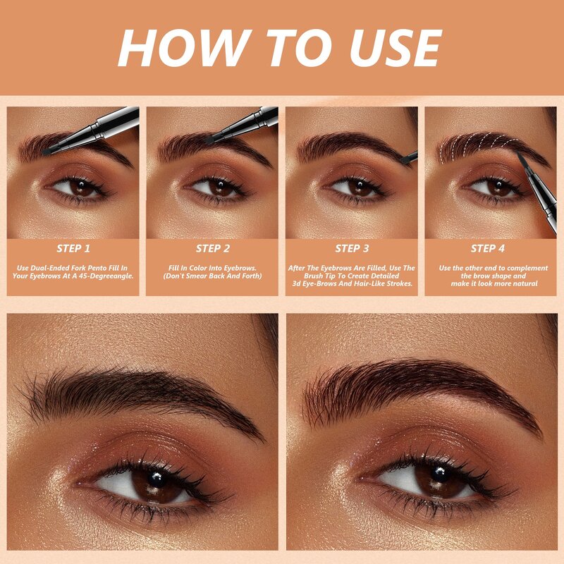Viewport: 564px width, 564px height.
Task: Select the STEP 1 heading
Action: (x=74, y=248)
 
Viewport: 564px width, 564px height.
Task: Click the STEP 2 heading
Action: (x=213, y=248)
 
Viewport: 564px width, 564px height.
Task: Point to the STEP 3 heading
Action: (x=352, y=248)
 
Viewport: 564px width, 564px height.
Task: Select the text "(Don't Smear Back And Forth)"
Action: (x=213, y=276)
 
